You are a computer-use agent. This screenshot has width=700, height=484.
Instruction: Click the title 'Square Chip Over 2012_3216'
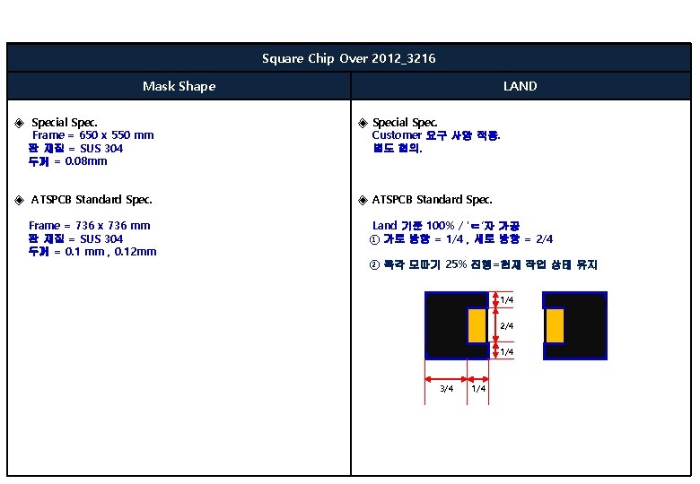coord(349,59)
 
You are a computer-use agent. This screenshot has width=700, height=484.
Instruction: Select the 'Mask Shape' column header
coord(179,86)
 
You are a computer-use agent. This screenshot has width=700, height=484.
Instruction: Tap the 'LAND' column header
coord(520,86)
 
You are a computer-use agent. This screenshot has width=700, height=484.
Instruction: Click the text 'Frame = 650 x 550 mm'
coord(92,135)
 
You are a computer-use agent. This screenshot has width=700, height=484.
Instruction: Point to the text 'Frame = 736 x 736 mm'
coord(90,226)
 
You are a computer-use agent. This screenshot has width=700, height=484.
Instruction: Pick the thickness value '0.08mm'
coord(86,161)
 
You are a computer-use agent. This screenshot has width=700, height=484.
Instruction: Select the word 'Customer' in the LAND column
coord(397,135)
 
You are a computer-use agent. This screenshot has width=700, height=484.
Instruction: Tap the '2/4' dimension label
coord(507,326)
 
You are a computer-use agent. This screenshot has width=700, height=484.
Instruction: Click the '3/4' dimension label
coord(446,388)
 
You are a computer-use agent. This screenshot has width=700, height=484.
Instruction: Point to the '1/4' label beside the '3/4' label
coord(478,388)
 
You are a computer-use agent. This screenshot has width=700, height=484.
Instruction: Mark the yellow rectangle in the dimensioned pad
coord(477,325)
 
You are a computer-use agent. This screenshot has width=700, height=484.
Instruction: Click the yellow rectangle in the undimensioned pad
coord(555,325)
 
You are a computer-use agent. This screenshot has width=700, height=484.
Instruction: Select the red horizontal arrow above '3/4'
coord(446,377)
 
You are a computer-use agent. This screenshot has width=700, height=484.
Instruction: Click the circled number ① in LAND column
coord(375,239)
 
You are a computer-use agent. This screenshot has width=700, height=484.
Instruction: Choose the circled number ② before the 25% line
coord(375,265)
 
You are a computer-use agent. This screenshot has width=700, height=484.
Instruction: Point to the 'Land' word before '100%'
coord(384,226)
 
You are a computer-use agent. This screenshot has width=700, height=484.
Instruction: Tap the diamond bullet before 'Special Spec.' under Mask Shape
coord(20,123)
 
